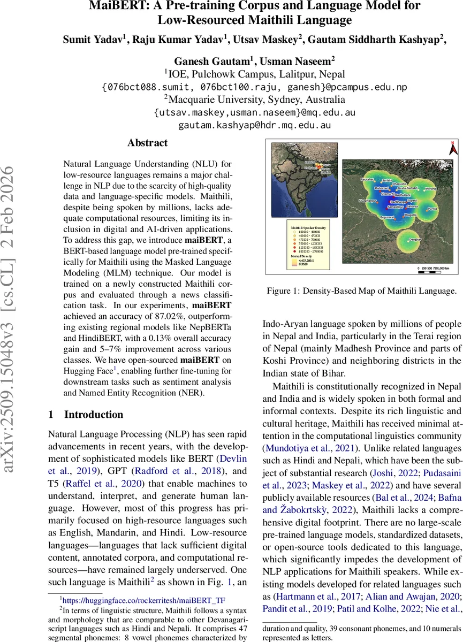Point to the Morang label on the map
click(430, 188)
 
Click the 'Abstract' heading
click(147, 143)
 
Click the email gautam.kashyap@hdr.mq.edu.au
click(254, 125)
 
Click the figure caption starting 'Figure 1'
click(362, 291)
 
